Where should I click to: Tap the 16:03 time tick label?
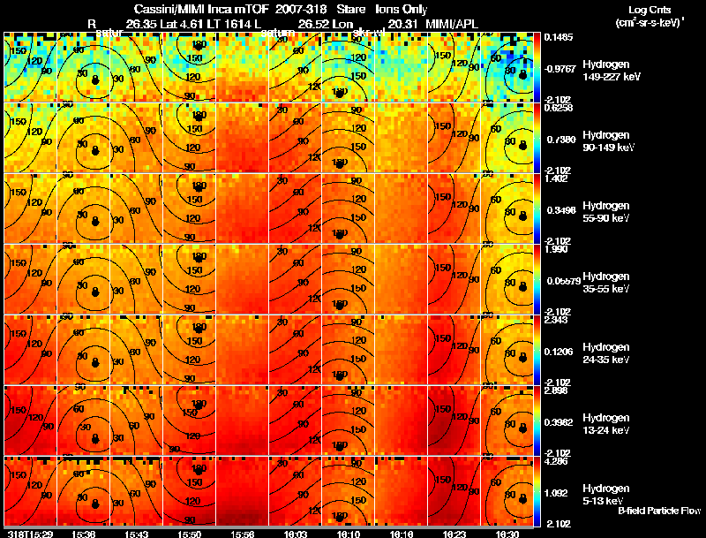point(295,534)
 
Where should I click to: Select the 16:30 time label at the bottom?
point(507,534)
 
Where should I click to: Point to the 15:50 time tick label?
point(190,534)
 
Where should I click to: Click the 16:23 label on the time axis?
point(454,534)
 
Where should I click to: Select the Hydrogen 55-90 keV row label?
point(606,212)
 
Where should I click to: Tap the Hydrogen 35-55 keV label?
point(606,283)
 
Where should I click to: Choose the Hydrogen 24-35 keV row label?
point(606,353)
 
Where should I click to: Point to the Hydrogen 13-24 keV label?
point(606,424)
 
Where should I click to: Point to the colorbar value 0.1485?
point(554,37)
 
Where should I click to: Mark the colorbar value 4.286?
point(553,460)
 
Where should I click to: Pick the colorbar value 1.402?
point(553,178)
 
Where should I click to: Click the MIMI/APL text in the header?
point(457,23)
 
